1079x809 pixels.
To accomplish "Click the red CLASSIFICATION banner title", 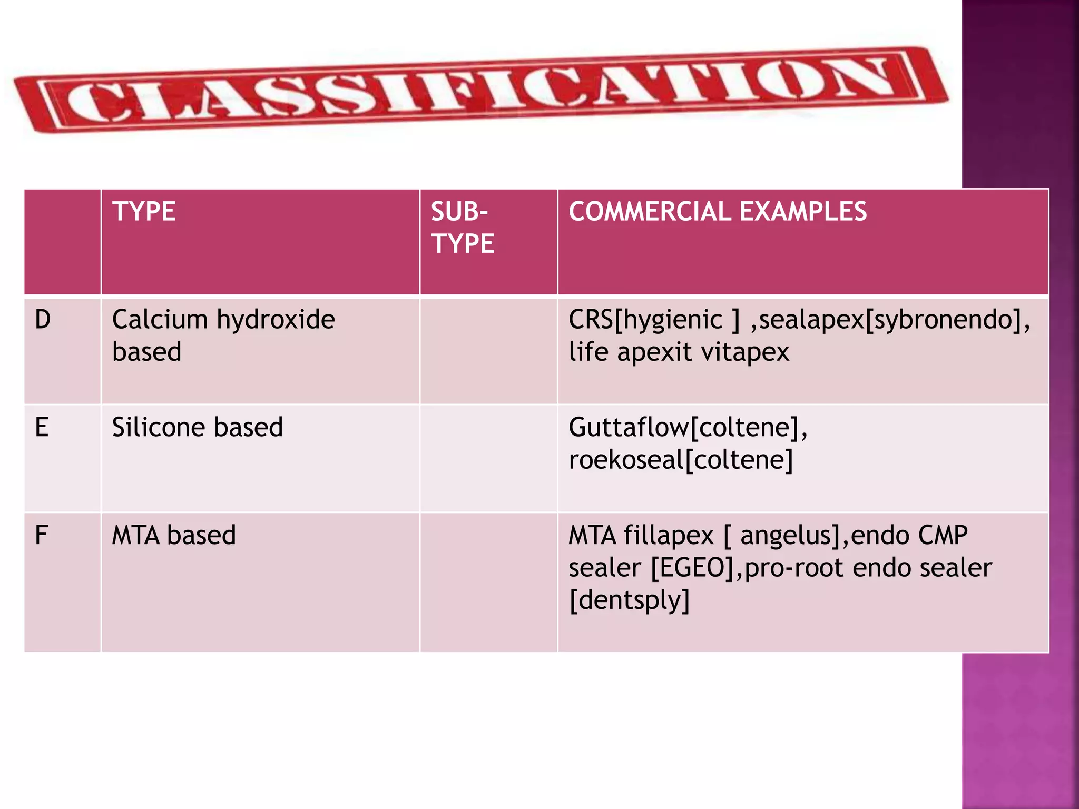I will [x=479, y=90].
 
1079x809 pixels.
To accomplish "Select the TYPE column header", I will [x=144, y=212].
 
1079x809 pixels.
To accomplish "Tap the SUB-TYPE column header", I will [x=462, y=228].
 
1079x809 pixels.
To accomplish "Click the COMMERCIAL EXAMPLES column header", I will [x=717, y=212].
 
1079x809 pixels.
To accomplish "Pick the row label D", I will [x=43, y=320].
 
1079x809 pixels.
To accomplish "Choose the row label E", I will [x=42, y=427].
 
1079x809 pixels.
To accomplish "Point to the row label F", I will [x=42, y=535].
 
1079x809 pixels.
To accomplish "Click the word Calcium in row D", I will [x=160, y=320].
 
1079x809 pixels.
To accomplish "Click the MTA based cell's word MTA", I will [x=135, y=535].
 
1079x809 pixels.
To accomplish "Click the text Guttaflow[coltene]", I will [x=688, y=427].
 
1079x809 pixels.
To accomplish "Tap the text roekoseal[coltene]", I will [x=681, y=460].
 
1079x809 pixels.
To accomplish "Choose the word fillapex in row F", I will [x=669, y=535].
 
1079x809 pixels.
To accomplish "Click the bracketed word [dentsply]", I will [x=629, y=600].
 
